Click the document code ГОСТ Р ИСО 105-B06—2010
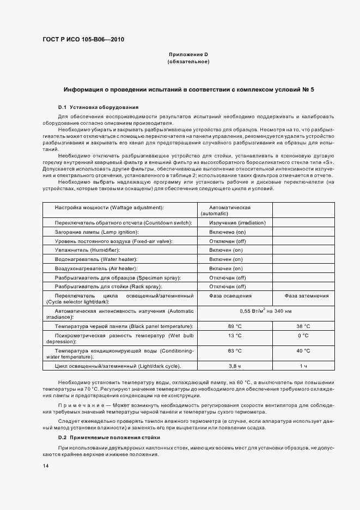(79, 39)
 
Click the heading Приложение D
(188, 54)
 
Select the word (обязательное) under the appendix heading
(188, 62)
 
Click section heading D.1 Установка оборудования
(98, 107)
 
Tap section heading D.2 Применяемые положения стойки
(109, 438)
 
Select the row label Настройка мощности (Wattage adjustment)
(109, 208)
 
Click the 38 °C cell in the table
(303, 326)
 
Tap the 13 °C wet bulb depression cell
(235, 335)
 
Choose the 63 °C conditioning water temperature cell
(235, 351)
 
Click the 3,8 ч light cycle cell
(235, 366)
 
